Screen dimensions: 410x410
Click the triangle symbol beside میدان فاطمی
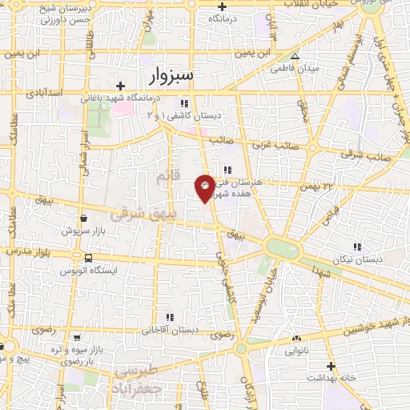295,57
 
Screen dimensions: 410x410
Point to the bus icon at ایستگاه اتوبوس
87,259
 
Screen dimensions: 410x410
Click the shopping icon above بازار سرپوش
83,218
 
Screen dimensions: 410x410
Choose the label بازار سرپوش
83,231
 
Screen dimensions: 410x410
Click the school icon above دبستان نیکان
358,247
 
